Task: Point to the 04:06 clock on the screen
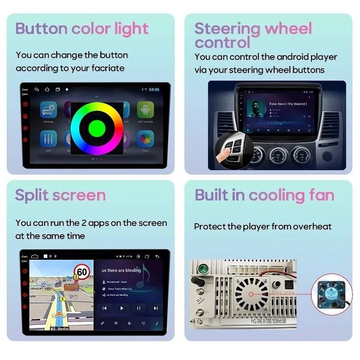point(154,90)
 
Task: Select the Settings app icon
point(49,110)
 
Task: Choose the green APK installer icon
point(145,110)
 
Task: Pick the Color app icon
point(145,139)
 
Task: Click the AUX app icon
point(49,140)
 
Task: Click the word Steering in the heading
point(227,29)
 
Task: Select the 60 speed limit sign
point(82,272)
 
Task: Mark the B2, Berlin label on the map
point(59,328)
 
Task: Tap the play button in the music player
point(122,308)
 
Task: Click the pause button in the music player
point(139,308)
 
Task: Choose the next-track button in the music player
point(155,308)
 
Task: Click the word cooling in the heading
point(276,195)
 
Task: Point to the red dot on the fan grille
point(252,294)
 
